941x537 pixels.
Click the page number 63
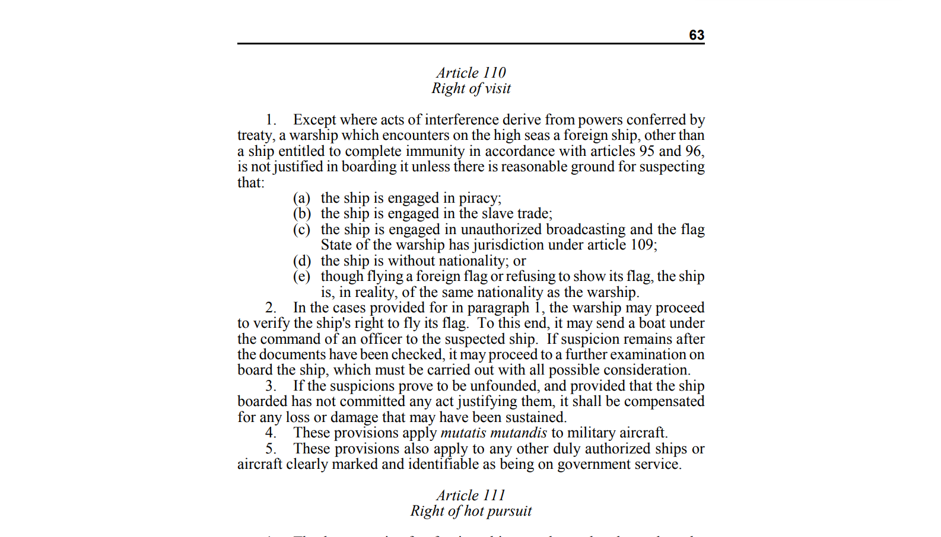pos(696,35)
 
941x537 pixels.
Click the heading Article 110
pos(471,73)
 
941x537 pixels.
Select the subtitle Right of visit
pos(471,88)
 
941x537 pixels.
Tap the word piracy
pos(479,198)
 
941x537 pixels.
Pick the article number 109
pos(642,245)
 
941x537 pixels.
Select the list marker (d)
pos(301,261)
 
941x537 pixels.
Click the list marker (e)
pos(301,276)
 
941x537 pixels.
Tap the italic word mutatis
pos(463,433)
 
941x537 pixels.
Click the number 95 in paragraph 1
pos(647,151)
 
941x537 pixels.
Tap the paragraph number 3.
pos(271,386)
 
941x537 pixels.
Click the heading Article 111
pos(471,496)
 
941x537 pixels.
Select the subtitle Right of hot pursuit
pos(471,511)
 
